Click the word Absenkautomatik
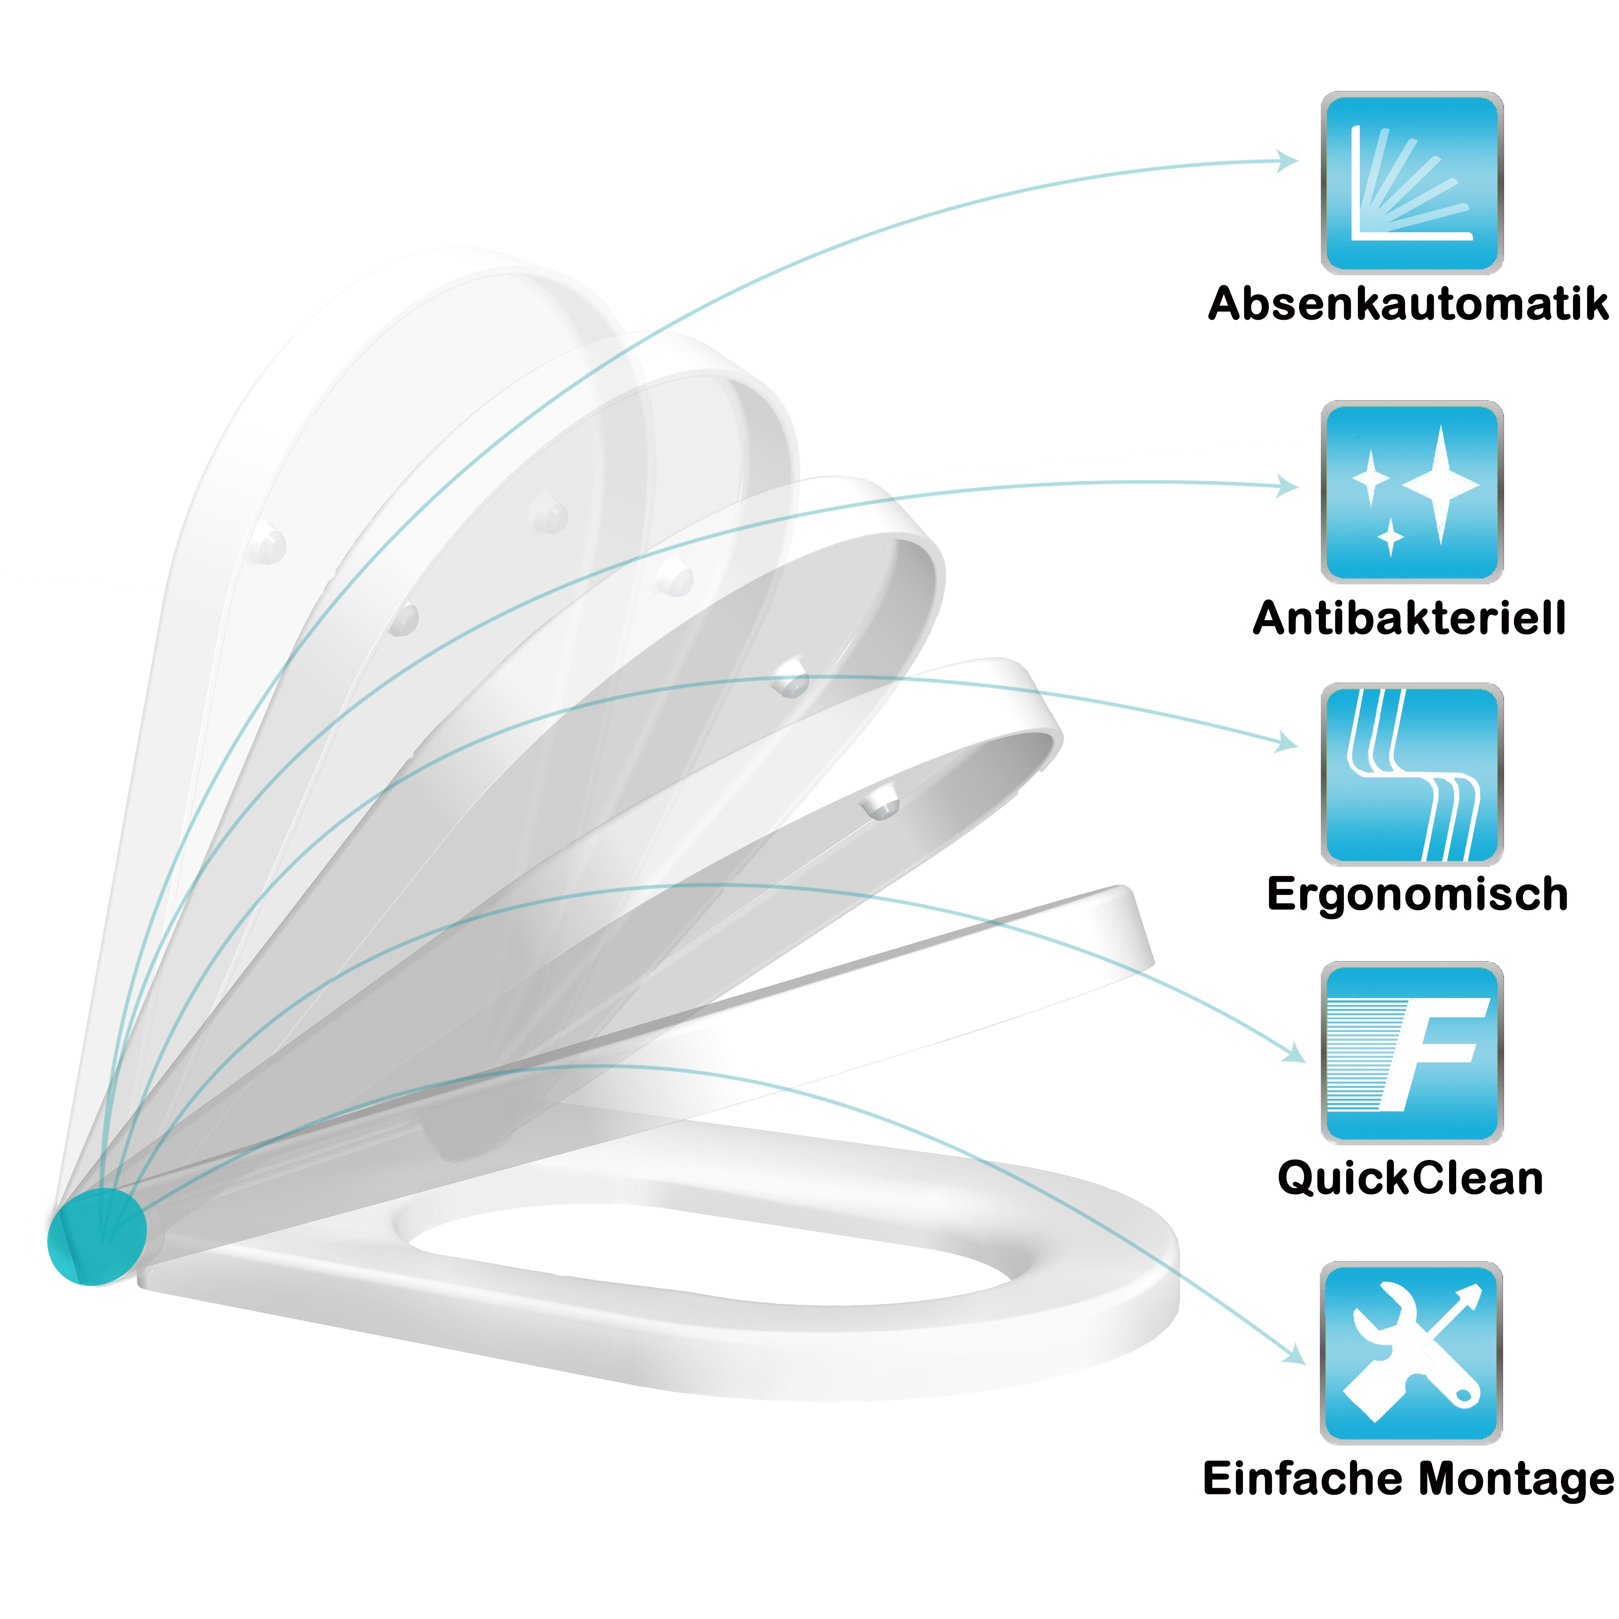(1408, 303)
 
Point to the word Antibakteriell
(1409, 618)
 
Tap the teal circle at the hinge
(96, 1236)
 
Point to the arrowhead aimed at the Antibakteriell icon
(1288, 485)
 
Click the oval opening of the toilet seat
(712, 1257)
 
